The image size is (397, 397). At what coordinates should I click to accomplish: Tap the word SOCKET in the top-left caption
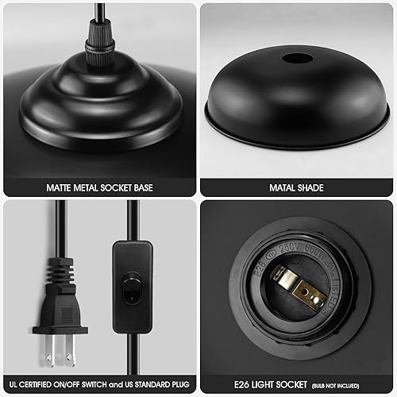pyautogui.click(x=110, y=188)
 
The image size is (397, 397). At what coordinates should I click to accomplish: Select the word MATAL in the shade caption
pyautogui.click(x=279, y=188)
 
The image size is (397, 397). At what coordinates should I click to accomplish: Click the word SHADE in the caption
pyautogui.click(x=310, y=188)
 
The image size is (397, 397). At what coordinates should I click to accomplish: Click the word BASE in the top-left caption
pyautogui.click(x=141, y=188)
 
